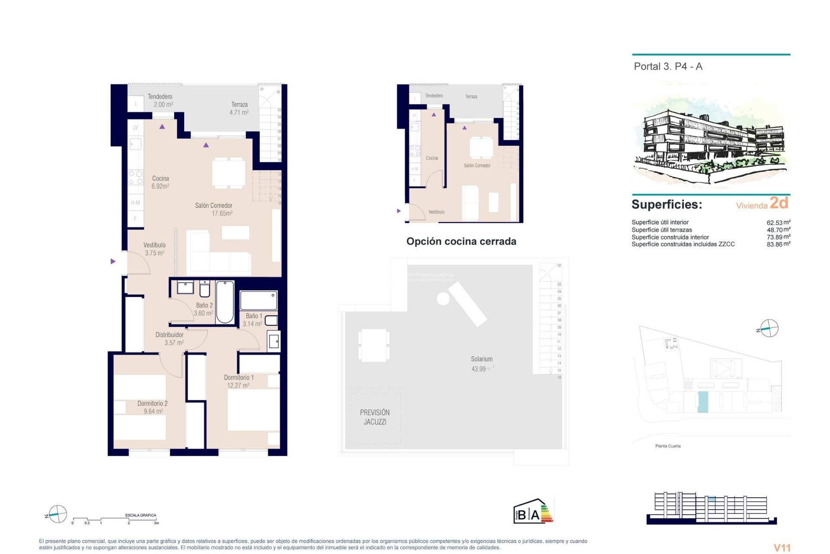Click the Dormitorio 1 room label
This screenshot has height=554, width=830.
point(239,377)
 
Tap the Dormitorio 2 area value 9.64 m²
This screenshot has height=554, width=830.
point(153,411)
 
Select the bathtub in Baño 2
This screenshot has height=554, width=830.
point(225,302)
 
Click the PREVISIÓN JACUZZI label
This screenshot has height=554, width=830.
point(375,417)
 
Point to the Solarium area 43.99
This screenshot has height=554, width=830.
point(479,369)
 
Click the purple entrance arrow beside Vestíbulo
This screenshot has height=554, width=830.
point(113,261)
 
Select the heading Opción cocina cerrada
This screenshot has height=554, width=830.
point(461,242)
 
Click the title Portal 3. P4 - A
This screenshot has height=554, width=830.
point(668,67)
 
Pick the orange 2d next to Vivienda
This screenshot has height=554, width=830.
point(779,203)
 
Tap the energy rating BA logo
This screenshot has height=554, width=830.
point(533,512)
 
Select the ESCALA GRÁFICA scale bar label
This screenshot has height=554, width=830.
point(140,515)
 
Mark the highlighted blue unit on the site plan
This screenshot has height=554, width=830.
point(702,402)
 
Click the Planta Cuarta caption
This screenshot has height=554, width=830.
point(667,446)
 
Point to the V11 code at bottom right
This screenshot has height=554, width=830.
point(782,548)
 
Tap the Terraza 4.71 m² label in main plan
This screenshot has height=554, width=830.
point(239,108)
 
